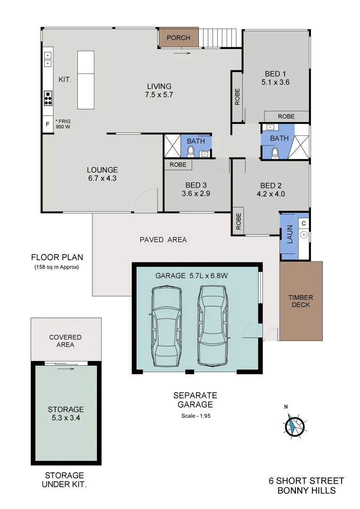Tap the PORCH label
[179, 38]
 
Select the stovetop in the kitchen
[48, 98]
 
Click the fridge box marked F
[47, 125]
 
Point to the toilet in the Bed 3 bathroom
[190, 151]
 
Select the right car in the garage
[213, 326]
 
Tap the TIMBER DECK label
[301, 301]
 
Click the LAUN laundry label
[289, 234]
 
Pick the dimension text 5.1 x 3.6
[275, 82]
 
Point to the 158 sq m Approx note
[57, 267]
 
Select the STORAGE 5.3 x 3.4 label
[66, 413]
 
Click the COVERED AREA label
[65, 341]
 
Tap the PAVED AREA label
[163, 240]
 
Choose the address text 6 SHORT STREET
[306, 481]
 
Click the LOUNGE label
[102, 170]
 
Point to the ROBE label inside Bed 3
[178, 165]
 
